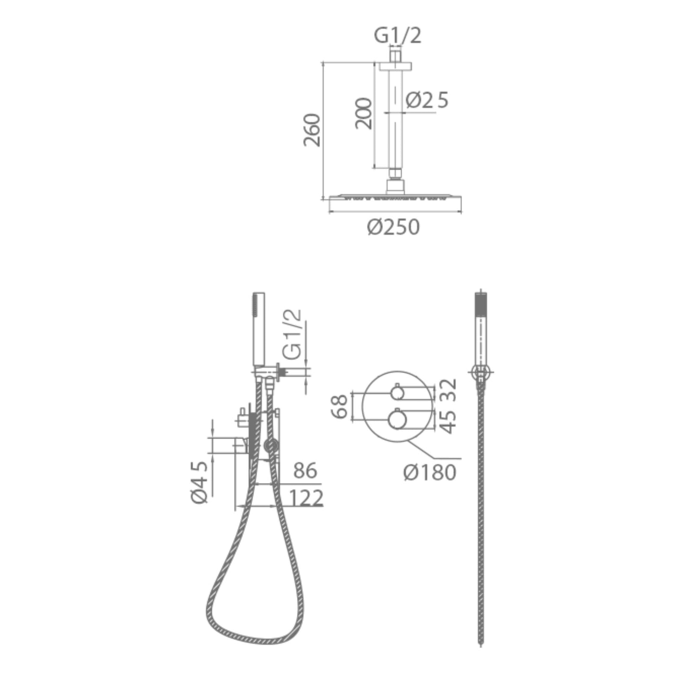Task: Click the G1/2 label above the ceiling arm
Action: click(398, 36)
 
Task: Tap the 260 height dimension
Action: click(312, 130)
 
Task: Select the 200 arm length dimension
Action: click(364, 114)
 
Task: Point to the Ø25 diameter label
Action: click(427, 100)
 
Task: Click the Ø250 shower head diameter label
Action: click(393, 227)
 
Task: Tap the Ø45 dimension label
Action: click(199, 482)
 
